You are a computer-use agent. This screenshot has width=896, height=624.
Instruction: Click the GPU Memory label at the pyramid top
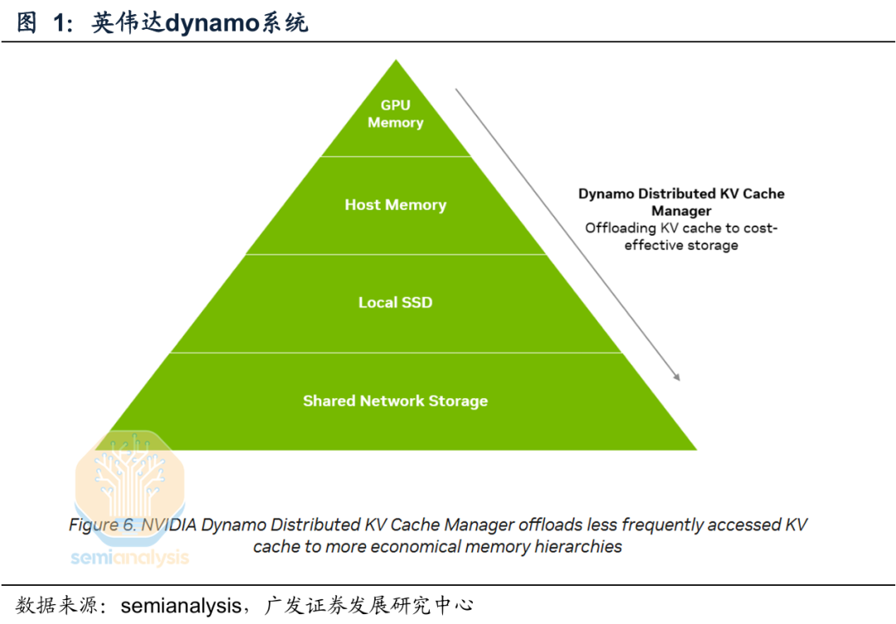[396, 115]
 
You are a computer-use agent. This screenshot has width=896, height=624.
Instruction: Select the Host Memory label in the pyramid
[396, 205]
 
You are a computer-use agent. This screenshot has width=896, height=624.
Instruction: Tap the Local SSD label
[396, 303]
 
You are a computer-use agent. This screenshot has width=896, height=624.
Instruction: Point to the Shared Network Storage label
[396, 402]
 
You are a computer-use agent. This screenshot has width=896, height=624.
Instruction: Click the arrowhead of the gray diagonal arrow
[676, 377]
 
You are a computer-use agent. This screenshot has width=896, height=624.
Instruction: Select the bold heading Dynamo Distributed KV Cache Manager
[681, 202]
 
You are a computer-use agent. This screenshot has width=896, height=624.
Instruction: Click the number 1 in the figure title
[60, 23]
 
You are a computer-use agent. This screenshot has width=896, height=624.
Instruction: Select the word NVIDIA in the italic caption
[170, 525]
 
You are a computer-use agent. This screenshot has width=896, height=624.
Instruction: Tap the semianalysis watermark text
[130, 558]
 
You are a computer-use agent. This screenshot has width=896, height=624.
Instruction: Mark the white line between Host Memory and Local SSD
[396, 255]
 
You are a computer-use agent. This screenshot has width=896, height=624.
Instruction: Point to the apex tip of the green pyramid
[396, 61]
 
